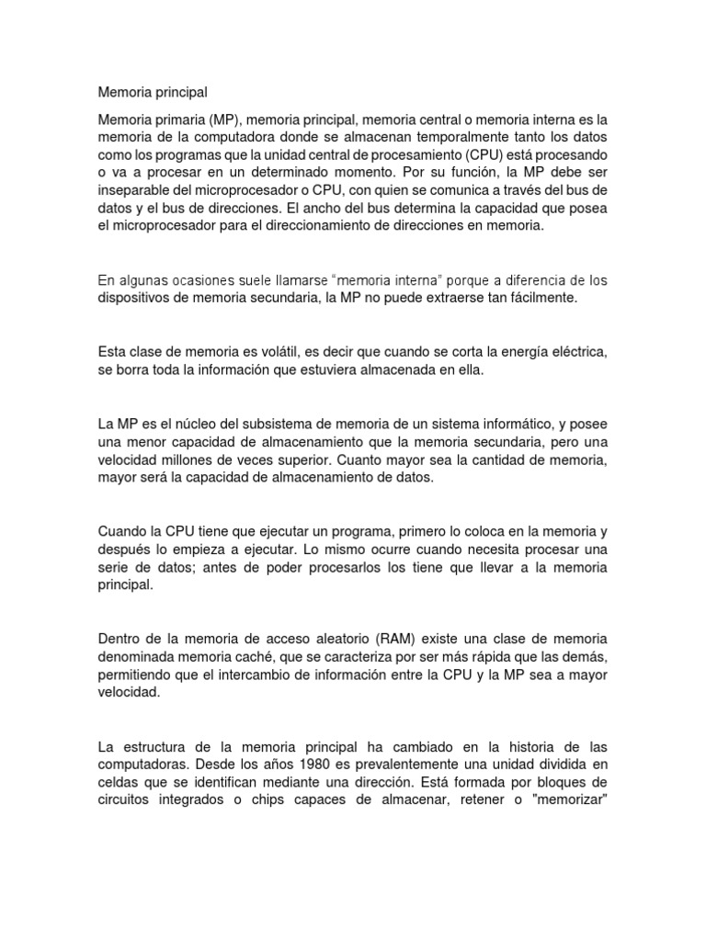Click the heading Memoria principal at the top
tap(153, 92)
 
